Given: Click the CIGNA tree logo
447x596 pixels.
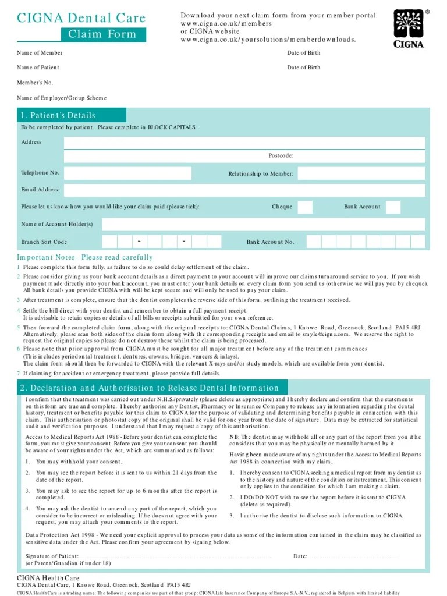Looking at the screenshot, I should pyautogui.click(x=409, y=29).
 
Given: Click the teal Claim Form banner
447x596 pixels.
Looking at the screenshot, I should pyautogui.click(x=103, y=34).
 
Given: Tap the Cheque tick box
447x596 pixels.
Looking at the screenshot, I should pyautogui.click(x=305, y=207).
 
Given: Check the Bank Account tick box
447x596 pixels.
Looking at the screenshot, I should pyautogui.click(x=393, y=207).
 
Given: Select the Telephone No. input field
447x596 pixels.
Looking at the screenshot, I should pyautogui.click(x=127, y=173).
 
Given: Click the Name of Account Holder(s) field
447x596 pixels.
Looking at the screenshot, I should pyautogui.click(x=263, y=225).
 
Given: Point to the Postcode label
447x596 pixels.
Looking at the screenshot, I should pyautogui.click(x=281, y=156).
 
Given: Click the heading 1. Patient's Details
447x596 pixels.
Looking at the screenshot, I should pyautogui.click(x=58, y=115).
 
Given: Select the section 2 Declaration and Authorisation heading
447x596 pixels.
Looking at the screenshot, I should pyautogui.click(x=150, y=388).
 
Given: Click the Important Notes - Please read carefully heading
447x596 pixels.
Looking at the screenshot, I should pyautogui.click(x=85, y=257).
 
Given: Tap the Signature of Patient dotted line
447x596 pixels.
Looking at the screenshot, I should pyautogui.click(x=175, y=557).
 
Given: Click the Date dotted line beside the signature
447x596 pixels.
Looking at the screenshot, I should pyautogui.click(x=355, y=557).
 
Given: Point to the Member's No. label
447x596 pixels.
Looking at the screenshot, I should pyautogui.click(x=35, y=83).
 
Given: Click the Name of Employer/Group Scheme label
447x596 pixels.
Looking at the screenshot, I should pyautogui.click(x=62, y=98).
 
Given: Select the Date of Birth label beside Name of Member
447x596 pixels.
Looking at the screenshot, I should pyautogui.click(x=303, y=53).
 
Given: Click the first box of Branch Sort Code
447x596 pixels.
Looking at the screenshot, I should pyautogui.click(x=109, y=242).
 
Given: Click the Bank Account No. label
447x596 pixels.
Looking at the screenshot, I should pyautogui.click(x=270, y=242).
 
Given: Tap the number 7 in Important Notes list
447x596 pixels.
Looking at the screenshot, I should pyautogui.click(x=18, y=373).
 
